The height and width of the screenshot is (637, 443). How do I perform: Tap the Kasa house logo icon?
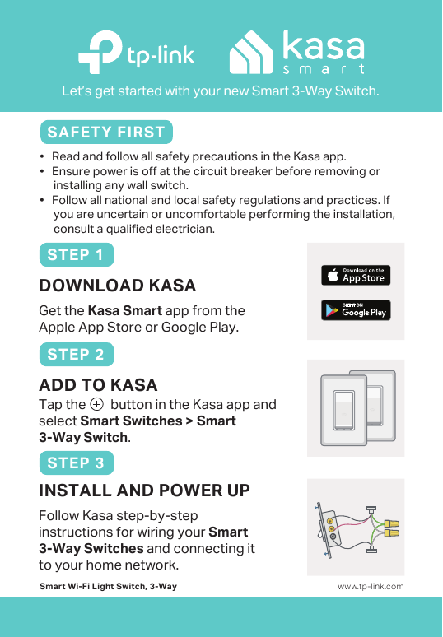pos(251,53)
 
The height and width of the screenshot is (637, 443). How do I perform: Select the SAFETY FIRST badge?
pos(106,133)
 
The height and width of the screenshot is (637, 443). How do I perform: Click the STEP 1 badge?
pos(76,254)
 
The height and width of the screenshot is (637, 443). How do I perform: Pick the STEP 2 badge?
pos(76,355)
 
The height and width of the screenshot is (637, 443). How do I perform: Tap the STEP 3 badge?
pos(76,463)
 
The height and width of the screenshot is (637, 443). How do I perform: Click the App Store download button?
pos(356,275)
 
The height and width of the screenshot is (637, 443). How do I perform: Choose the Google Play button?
pos(356,310)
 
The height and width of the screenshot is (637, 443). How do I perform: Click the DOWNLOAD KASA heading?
pos(117,286)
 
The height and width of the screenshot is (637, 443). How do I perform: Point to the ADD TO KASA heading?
pos(98,385)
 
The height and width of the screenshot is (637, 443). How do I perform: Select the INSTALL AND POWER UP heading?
pos(144,491)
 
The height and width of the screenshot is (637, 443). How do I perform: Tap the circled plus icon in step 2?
pos(97,405)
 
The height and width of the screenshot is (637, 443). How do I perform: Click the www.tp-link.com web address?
pos(371,587)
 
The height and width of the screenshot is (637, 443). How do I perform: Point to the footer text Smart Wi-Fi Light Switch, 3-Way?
pos(108,587)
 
